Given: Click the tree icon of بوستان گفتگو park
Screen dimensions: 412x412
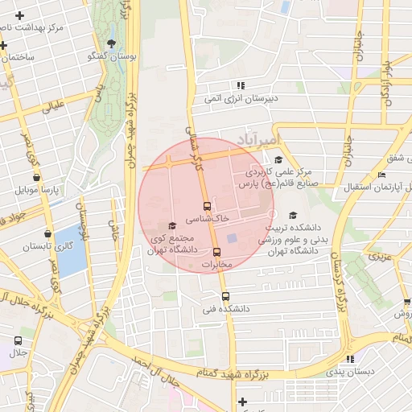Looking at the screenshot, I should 111,43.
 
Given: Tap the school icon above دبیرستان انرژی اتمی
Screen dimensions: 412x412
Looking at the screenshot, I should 240,85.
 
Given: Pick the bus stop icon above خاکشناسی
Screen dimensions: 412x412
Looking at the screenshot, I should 208,206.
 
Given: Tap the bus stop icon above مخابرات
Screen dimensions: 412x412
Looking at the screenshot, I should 216,252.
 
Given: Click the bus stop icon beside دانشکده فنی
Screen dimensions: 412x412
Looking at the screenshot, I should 225,295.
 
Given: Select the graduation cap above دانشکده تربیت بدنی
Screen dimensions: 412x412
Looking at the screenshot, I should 293,215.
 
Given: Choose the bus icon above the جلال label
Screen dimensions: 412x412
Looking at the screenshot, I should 19,340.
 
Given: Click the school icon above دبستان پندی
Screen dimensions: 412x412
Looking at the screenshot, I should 349,359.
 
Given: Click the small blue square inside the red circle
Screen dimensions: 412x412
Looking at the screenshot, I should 232,238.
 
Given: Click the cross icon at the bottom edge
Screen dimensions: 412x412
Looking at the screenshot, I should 242,402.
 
